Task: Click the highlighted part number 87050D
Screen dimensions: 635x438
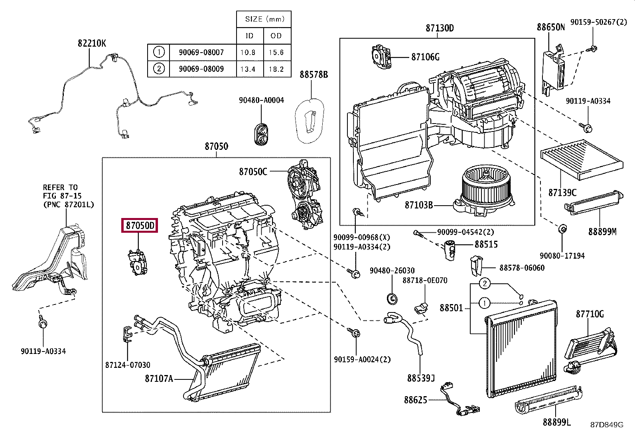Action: (x=140, y=226)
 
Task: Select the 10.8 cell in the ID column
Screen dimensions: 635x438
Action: (x=248, y=53)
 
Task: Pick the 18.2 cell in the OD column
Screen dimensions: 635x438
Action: (x=276, y=69)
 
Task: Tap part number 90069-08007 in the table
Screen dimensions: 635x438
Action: (x=201, y=53)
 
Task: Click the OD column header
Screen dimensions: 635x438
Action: (x=276, y=36)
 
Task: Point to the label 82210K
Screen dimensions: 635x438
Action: (x=92, y=43)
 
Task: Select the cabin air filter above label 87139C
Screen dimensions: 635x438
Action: (x=582, y=159)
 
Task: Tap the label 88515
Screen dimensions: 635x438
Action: (x=486, y=244)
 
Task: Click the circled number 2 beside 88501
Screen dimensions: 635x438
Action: (x=485, y=284)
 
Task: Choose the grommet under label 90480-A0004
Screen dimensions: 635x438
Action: (x=261, y=134)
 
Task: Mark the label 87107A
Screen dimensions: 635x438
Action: (x=159, y=379)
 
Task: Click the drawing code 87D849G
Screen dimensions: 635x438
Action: (x=607, y=425)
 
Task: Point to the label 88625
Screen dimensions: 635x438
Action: (x=416, y=400)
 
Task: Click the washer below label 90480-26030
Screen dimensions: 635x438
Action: (x=392, y=299)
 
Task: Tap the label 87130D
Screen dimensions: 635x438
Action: (x=440, y=28)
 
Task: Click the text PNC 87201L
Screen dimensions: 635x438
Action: (x=68, y=204)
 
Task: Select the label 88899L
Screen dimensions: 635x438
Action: (x=557, y=422)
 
